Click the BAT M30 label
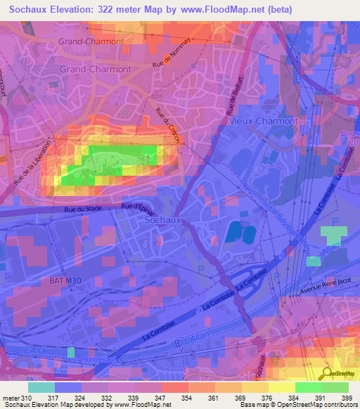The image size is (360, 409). [x=65, y=281]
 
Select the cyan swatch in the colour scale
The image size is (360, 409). [x=41, y=387]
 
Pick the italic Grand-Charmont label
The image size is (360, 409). [x=91, y=41]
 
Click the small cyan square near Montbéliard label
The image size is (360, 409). [x=70, y=351]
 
